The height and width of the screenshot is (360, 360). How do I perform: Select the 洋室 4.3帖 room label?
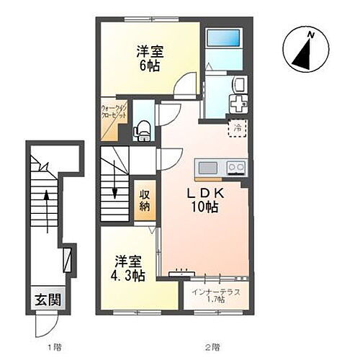click(128, 267)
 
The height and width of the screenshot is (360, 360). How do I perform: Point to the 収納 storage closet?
click(144, 200)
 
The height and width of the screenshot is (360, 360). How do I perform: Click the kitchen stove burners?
click(235, 168)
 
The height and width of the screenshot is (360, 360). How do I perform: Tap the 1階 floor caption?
click(55, 348)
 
